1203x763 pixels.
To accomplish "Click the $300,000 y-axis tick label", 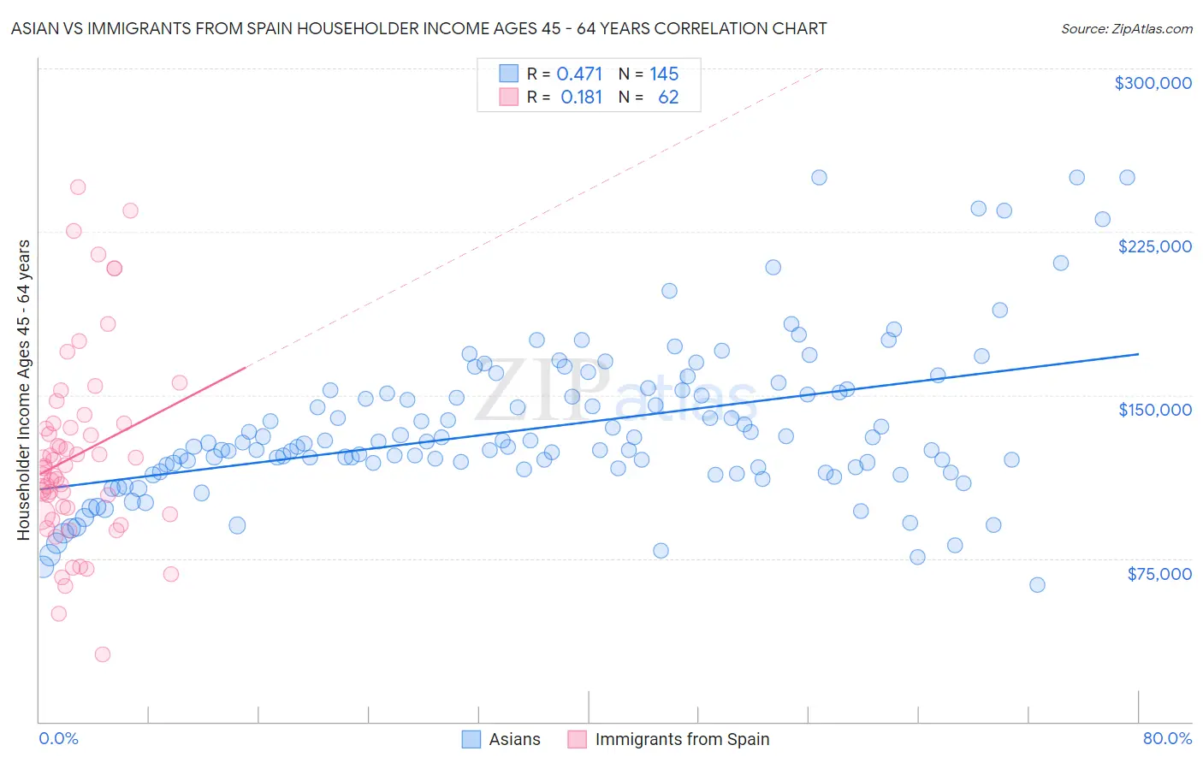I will [x=1153, y=83].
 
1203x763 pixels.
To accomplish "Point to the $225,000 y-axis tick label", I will [x=1154, y=246].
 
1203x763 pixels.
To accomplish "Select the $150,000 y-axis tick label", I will [x=1154, y=410].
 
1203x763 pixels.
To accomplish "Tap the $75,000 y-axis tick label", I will [x=1159, y=573].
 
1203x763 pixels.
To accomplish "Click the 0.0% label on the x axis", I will [x=58, y=738].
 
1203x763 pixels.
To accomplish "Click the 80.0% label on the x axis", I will [x=1167, y=738].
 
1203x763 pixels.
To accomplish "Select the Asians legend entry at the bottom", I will [x=501, y=739].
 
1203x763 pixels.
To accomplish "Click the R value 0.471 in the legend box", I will [x=579, y=74].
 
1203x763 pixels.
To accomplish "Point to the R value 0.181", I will [x=581, y=98].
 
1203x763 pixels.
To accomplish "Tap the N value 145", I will [x=664, y=74].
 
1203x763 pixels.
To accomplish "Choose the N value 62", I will [x=668, y=98].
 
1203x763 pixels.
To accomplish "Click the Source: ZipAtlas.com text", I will [x=1126, y=28].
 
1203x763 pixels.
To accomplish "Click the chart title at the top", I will [x=418, y=28].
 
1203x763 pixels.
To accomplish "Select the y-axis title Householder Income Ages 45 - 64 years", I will [x=24, y=389].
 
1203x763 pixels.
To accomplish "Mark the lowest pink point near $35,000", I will [x=103, y=654].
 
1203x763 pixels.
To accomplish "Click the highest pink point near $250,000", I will [x=78, y=187].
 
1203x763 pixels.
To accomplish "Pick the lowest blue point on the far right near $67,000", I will [x=1037, y=585].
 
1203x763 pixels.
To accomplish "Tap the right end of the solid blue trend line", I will [x=1138, y=353].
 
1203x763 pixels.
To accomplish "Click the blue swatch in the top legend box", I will [x=509, y=74].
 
